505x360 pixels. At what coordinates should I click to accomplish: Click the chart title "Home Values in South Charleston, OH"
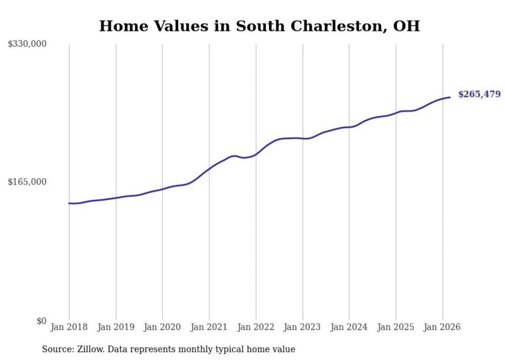point(259,26)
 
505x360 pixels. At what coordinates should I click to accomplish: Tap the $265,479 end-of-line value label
point(479,94)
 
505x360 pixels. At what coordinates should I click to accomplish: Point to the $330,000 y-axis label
point(27,44)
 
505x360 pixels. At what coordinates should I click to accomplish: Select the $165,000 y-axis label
point(27,182)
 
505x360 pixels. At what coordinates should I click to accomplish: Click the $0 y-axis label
point(41,321)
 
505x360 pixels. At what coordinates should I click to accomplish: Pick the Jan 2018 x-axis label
point(69,327)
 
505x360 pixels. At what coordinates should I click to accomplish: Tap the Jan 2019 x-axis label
point(115,327)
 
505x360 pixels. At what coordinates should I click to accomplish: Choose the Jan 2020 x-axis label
point(162,327)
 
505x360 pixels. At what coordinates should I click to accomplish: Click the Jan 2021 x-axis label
point(209,327)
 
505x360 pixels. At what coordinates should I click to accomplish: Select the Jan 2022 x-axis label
point(256,327)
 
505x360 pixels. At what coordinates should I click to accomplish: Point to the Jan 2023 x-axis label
point(302,327)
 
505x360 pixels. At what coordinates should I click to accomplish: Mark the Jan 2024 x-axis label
point(349,327)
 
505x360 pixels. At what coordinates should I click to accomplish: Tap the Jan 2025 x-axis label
point(396,327)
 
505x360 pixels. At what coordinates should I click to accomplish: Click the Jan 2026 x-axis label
point(442,327)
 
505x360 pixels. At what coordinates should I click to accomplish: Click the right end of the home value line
point(450,97)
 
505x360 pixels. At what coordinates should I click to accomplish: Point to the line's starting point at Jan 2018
point(69,203)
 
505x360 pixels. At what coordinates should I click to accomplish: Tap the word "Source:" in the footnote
point(57,349)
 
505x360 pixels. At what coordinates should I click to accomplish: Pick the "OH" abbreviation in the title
point(407,26)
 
